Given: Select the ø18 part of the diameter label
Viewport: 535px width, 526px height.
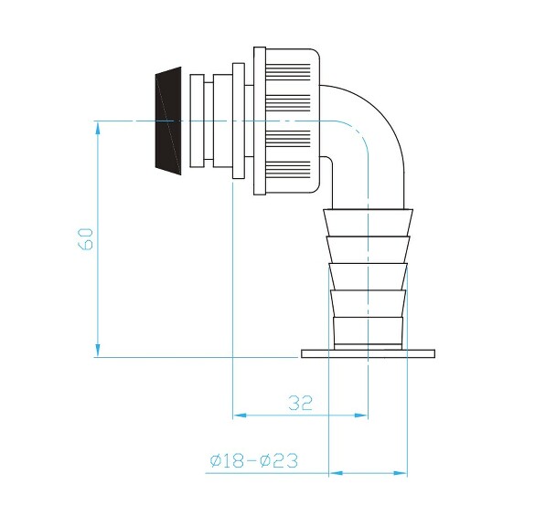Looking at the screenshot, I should coord(230,461).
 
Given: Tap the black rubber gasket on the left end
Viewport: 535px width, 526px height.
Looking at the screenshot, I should coord(165,120).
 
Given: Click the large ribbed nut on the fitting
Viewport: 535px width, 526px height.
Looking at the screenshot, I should coord(288,120).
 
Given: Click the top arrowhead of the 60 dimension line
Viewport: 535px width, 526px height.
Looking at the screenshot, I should coord(97,128).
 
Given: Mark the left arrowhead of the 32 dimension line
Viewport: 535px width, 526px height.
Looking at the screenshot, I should coord(241,416).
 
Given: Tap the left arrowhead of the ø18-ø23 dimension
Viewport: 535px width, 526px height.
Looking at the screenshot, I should coord(336,473).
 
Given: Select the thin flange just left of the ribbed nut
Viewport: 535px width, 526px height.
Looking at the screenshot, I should coord(238,120).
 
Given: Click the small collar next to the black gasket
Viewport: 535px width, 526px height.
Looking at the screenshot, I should coord(196,120).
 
